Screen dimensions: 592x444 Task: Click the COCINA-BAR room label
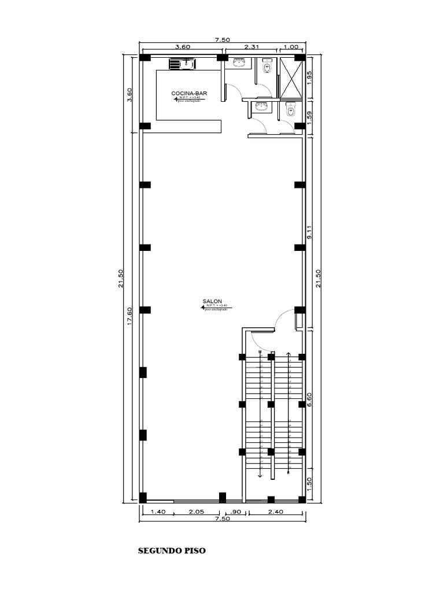click(189, 93)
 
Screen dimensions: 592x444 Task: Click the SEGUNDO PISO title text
click(172, 550)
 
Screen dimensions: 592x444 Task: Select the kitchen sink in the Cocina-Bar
click(185, 64)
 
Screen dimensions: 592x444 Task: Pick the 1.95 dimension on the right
click(309, 77)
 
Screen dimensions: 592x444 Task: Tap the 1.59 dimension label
click(309, 117)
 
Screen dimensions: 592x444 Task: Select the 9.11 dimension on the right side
click(309, 232)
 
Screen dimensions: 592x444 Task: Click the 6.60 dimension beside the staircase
click(309, 400)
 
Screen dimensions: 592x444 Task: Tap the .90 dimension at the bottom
click(236, 512)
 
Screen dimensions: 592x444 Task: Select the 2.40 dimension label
click(274, 512)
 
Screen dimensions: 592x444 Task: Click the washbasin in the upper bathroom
click(239, 63)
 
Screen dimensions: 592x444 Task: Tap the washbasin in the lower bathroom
click(261, 106)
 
